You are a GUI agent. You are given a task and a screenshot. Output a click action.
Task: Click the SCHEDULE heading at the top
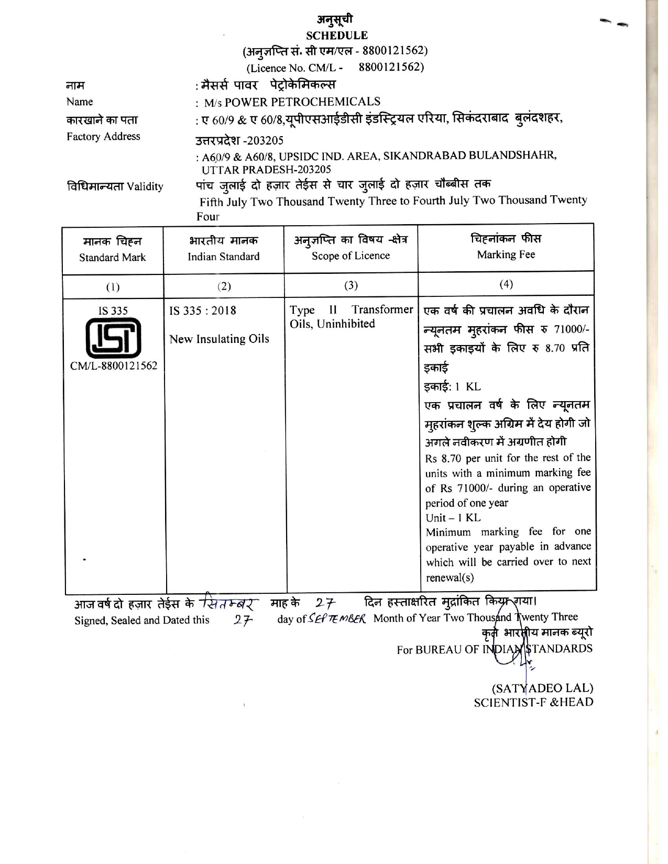[337, 36]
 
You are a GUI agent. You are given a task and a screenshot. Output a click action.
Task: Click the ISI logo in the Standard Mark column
[113, 338]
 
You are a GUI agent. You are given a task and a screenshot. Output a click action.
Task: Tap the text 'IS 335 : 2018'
[203, 311]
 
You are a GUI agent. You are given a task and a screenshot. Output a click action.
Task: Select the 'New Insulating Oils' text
[219, 339]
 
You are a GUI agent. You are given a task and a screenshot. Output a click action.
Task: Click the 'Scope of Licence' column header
[351, 256]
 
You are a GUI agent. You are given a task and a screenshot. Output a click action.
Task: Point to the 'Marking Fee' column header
[506, 254]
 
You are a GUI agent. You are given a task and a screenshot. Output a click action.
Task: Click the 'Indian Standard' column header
[224, 257]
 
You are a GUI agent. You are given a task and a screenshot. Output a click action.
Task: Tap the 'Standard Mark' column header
[113, 257]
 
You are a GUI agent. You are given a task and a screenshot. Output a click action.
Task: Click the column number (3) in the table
[351, 285]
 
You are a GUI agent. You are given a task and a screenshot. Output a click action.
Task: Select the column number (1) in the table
[113, 287]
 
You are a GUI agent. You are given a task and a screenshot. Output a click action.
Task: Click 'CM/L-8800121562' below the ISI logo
[114, 365]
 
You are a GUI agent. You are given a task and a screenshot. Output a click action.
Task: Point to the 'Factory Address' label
[103, 137]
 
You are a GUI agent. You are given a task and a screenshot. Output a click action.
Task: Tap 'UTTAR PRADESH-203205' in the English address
[267, 170]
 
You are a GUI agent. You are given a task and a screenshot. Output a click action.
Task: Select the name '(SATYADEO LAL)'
[542, 688]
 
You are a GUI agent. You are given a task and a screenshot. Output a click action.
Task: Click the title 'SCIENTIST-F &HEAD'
[533, 702]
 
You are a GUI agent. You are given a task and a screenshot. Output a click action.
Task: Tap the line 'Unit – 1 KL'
[453, 517]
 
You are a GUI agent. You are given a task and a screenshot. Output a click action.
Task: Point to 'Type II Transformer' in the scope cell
[352, 310]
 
